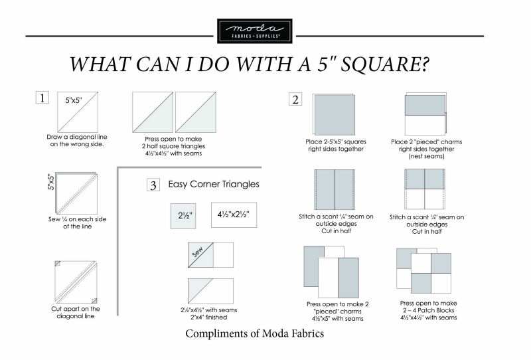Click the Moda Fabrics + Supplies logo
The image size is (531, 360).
(255, 31)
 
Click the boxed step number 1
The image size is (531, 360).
(42, 98)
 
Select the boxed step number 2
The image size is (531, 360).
(295, 100)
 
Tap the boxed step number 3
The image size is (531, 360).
(153, 185)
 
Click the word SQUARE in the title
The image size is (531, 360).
(386, 64)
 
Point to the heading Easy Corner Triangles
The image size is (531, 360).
(214, 184)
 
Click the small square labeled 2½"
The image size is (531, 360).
(183, 216)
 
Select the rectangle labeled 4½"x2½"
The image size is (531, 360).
(234, 215)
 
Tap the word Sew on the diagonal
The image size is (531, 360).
(198, 252)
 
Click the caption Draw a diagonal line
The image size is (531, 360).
(77, 140)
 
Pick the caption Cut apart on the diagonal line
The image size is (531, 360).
(76, 312)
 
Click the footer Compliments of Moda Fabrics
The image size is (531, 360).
(255, 333)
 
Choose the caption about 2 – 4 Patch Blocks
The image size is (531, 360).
(428, 310)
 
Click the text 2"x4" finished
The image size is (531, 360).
(208, 317)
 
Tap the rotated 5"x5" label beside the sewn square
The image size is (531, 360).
(51, 182)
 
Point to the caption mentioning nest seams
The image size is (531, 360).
(426, 149)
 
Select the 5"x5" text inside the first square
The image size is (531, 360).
(74, 100)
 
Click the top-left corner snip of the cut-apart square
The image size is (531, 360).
(57, 264)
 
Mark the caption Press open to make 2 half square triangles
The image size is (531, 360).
(173, 146)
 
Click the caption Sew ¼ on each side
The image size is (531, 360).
(77, 223)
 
